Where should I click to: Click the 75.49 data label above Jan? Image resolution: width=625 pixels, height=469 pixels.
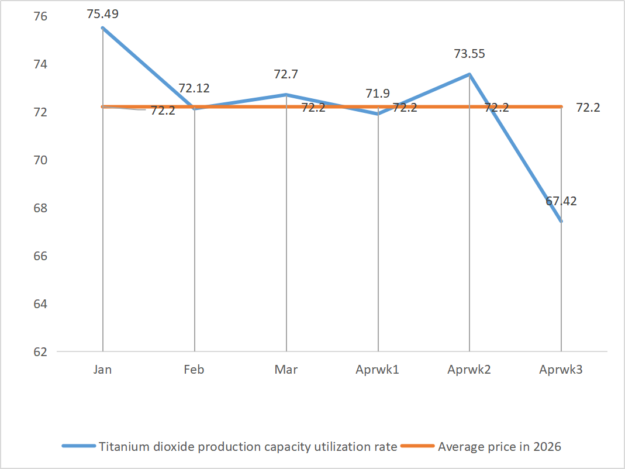click(x=102, y=13)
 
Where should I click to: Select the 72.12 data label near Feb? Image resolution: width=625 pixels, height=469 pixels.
click(x=194, y=88)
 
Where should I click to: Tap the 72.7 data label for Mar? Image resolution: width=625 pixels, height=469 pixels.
click(x=286, y=74)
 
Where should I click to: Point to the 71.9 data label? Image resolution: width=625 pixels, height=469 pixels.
click(x=378, y=94)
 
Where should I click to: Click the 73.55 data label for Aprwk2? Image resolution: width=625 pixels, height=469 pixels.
click(x=469, y=54)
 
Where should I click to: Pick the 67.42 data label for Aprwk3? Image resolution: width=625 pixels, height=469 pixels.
click(x=561, y=201)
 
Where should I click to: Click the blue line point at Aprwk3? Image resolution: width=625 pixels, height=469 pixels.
click(x=561, y=221)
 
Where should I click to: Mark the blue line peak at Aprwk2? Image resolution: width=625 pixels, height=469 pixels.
click(x=469, y=74)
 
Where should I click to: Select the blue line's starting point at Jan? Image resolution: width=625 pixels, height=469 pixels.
click(x=103, y=28)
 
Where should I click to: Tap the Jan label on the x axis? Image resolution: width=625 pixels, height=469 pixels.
click(x=102, y=370)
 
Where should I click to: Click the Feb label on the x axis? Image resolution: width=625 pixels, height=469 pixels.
click(x=194, y=370)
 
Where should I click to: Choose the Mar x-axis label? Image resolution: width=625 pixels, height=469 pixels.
click(x=286, y=370)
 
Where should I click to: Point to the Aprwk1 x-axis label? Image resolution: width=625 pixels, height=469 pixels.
click(x=378, y=370)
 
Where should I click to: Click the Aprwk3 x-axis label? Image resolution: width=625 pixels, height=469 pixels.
click(x=561, y=370)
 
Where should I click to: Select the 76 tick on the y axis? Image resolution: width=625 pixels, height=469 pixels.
click(x=41, y=16)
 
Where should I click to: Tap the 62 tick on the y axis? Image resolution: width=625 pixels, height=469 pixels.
click(x=41, y=352)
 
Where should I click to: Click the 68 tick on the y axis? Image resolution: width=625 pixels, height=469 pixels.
click(x=41, y=208)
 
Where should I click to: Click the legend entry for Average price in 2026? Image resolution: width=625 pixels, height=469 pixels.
click(x=499, y=447)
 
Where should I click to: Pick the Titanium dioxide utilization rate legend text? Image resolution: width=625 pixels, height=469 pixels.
click(x=248, y=447)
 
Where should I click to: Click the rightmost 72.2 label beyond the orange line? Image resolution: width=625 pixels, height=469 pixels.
click(x=588, y=108)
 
